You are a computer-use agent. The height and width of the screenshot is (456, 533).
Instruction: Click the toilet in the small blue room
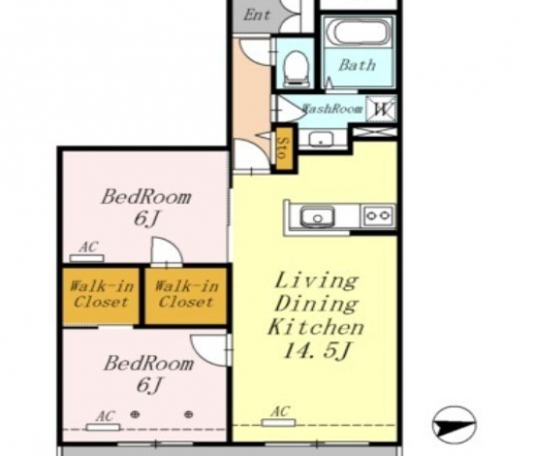296,69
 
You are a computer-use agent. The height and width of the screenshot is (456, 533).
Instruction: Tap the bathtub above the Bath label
361,32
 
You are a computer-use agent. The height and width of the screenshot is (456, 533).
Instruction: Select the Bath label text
357,65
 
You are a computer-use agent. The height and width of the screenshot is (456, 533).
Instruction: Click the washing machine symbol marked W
382,109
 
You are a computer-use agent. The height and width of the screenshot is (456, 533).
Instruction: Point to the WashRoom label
332,109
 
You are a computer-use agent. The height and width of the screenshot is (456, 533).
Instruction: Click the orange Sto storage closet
284,148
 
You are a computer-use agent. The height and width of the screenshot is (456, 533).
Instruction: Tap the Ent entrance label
257,15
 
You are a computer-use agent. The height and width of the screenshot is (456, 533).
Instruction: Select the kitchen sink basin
317,216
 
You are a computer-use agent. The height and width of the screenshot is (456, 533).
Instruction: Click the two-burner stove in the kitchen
378,215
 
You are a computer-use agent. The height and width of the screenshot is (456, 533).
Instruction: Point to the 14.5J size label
316,350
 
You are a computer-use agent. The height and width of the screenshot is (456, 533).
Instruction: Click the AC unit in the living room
278,423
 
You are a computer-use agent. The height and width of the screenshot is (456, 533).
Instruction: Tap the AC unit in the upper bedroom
86,258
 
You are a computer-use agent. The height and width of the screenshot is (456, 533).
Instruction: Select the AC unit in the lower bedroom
103,428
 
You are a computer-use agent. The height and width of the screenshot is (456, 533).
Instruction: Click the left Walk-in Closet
101,295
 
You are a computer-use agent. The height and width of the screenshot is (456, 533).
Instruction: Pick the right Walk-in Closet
186,295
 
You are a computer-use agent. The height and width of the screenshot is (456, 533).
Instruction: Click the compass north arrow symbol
455,425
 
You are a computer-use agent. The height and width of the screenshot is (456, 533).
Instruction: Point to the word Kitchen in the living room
316,327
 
